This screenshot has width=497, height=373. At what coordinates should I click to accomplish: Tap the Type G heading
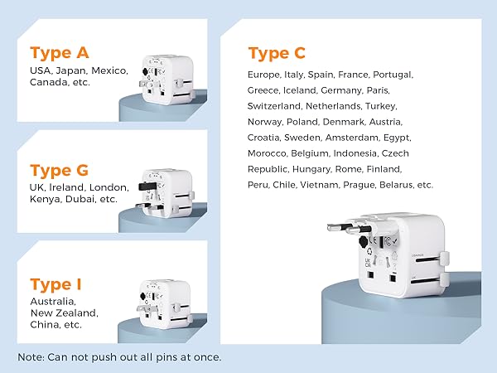tap(60, 171)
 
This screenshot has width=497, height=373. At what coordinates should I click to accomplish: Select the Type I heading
tap(56, 285)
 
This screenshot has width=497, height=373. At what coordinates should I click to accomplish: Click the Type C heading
tap(277, 54)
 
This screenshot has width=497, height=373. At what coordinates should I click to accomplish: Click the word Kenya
tap(46, 200)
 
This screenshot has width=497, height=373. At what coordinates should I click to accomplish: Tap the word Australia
tap(52, 302)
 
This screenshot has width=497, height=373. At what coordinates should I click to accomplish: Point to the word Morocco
tap(268, 153)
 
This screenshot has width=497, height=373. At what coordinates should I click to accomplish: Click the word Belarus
tap(397, 185)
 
